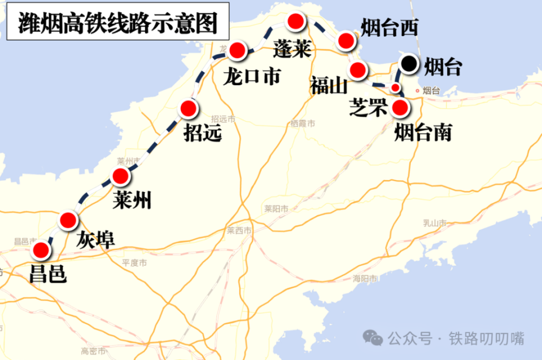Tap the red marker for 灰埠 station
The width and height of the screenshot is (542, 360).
[68, 219]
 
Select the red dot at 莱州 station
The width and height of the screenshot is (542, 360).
[121, 177]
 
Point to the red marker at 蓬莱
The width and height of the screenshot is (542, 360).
[296, 22]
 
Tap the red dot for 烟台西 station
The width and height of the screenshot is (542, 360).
[346, 40]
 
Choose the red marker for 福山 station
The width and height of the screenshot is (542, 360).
[357, 71]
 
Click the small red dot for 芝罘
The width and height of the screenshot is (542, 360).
[396, 87]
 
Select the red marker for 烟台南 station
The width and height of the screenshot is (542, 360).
[400, 107]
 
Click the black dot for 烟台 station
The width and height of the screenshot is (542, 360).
[409, 65]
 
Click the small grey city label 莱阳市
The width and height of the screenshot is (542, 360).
[277, 209]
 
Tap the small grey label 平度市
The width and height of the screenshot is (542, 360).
[134, 263]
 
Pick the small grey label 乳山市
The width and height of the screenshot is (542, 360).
[435, 223]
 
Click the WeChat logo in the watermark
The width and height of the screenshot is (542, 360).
[373, 337]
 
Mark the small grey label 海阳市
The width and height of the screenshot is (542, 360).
[365, 278]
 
